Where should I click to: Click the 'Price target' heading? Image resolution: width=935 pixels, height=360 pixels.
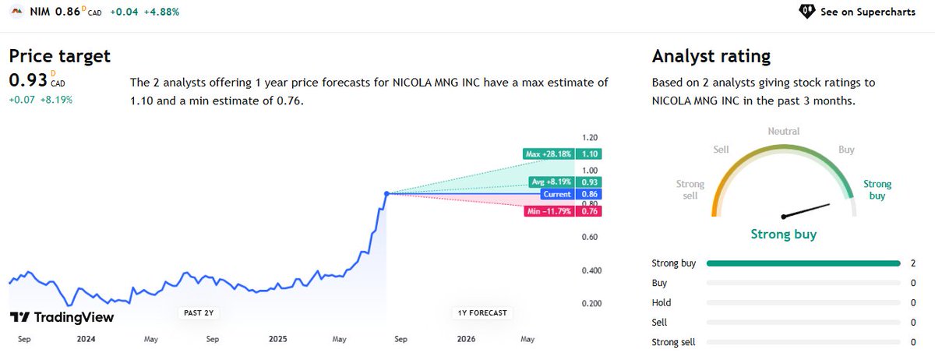click(60, 56)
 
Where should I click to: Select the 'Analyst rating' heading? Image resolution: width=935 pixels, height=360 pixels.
click(711, 56)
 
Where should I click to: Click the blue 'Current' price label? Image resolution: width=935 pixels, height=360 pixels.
click(557, 194)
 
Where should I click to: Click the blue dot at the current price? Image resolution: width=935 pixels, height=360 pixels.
click(386, 193)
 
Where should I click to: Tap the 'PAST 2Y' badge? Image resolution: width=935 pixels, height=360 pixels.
click(199, 313)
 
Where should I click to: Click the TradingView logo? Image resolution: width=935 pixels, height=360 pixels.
click(62, 317)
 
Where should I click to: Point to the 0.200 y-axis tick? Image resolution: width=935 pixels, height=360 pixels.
click(592, 304)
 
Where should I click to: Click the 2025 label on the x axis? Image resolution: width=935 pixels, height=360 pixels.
click(278, 339)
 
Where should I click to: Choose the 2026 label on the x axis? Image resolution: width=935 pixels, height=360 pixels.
click(466, 339)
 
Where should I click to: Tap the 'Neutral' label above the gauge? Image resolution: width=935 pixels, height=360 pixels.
click(784, 132)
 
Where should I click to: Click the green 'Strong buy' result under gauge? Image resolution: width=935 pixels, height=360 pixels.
click(783, 234)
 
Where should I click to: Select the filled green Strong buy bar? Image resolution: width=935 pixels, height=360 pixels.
click(803, 263)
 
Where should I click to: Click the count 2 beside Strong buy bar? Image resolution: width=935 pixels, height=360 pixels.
click(913, 263)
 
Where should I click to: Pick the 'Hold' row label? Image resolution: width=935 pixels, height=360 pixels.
click(661, 302)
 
